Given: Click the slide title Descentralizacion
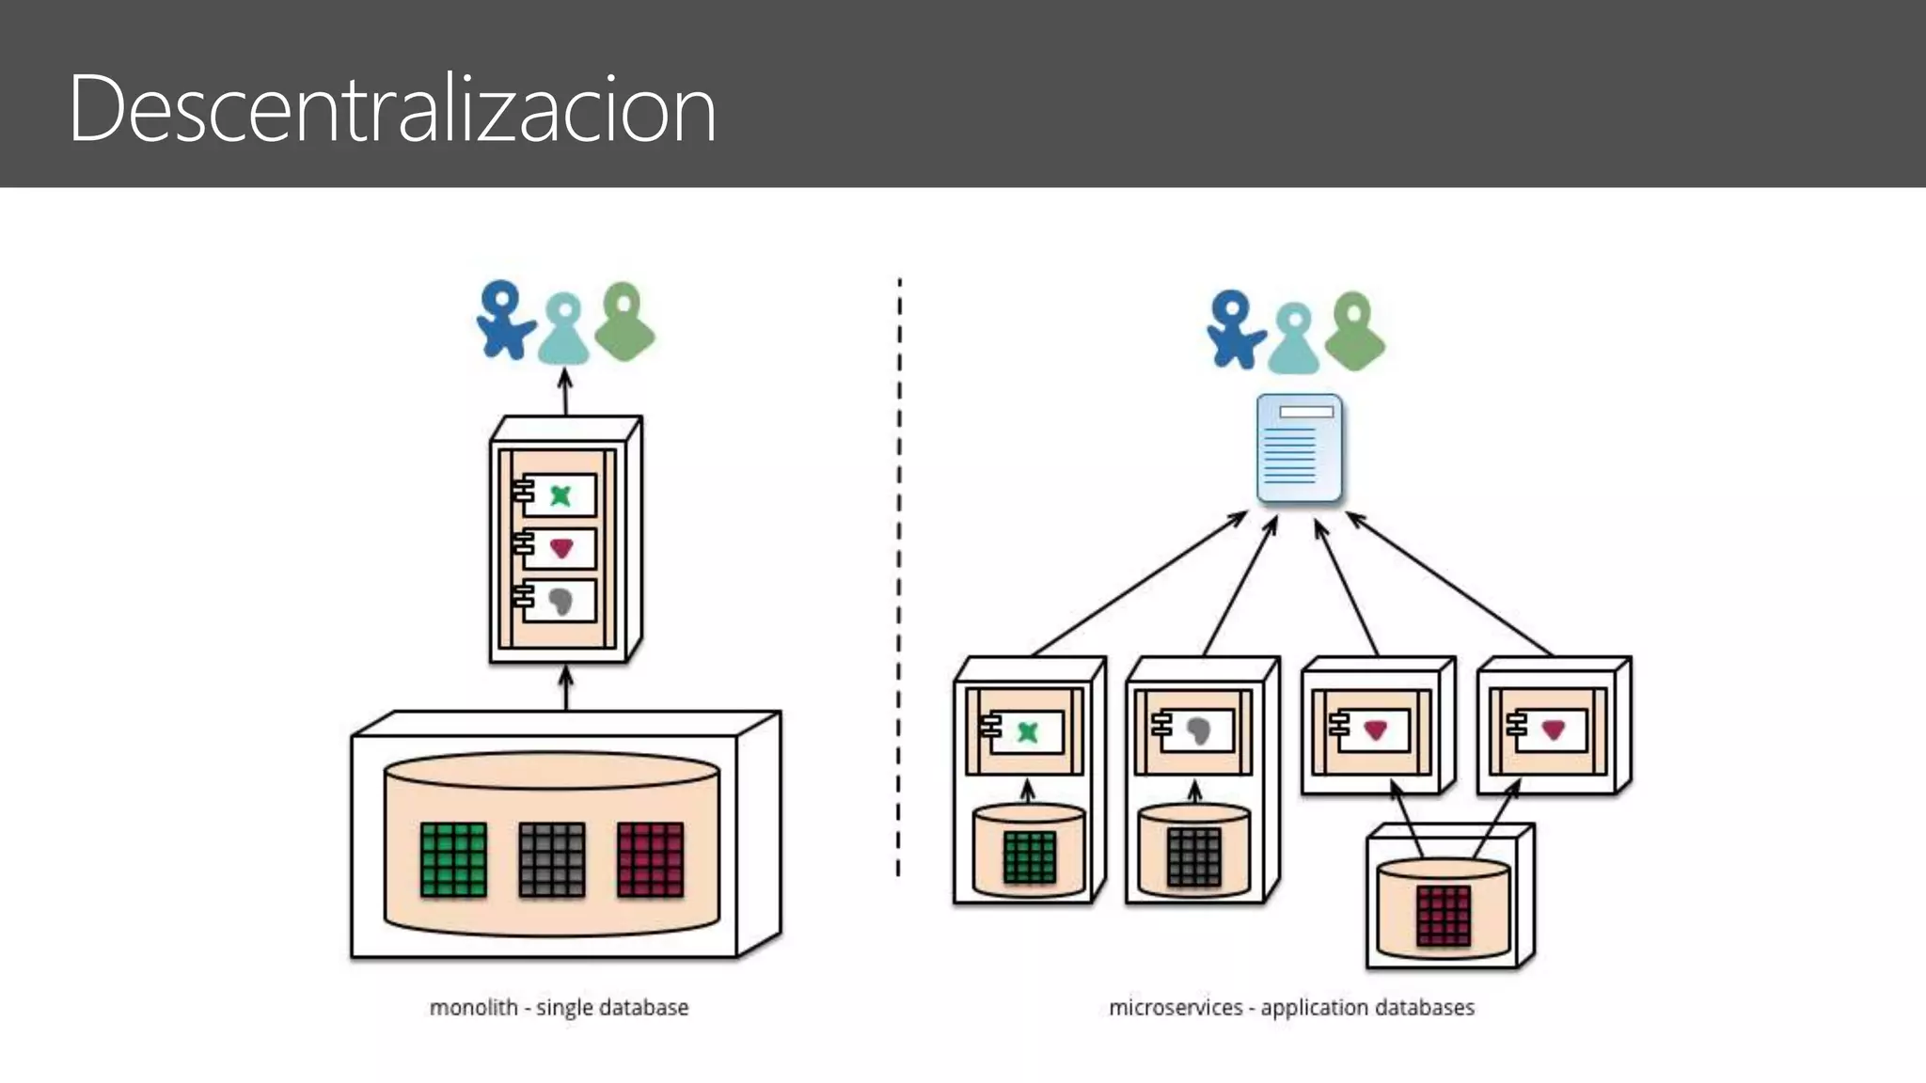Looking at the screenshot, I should [x=392, y=109].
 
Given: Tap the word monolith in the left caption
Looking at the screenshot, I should [x=473, y=1008].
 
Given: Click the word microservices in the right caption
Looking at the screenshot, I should [x=1176, y=1008].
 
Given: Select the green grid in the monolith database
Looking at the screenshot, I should [x=453, y=859].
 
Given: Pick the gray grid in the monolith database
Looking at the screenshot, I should [x=552, y=859].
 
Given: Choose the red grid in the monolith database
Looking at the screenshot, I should [x=651, y=859].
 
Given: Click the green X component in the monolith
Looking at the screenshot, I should [x=560, y=495].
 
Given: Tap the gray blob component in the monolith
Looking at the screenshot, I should [x=560, y=601].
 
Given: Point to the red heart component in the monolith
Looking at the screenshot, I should [x=560, y=548].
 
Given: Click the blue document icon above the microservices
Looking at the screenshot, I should [x=1300, y=448].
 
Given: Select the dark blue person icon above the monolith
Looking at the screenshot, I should [x=503, y=321].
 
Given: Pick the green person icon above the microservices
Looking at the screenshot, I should [x=1354, y=331].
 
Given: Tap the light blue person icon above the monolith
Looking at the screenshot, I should [x=563, y=329].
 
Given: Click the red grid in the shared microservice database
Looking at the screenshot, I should [x=1444, y=916].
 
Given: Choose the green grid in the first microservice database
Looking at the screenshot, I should [x=1030, y=857].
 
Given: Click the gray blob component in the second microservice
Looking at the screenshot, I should [x=1198, y=730].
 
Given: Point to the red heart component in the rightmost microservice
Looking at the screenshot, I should [x=1553, y=730].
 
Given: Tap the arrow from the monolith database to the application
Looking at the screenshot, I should [x=566, y=688].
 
